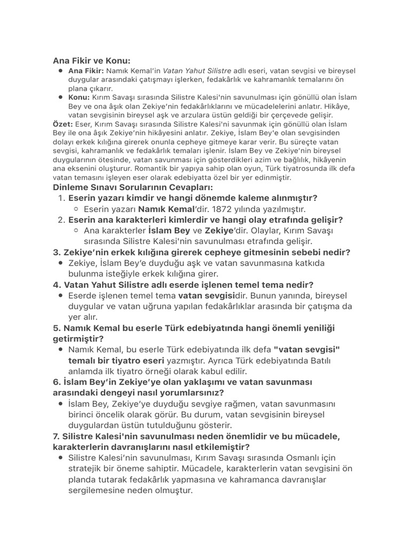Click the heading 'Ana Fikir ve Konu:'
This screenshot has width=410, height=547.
point(91,61)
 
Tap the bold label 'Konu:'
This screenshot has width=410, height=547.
point(79,97)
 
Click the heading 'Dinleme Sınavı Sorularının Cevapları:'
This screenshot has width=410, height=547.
point(132,187)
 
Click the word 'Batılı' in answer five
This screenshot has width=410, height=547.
point(318,361)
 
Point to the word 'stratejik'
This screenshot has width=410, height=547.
point(88,468)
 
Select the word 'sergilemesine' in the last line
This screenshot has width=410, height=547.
point(98,490)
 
